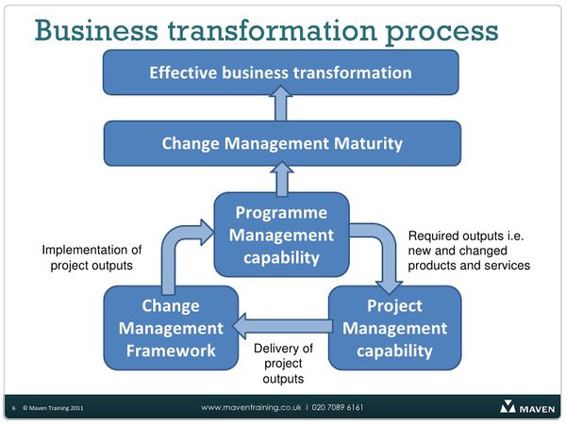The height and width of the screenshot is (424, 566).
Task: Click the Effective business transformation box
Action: pyautogui.click(x=281, y=73)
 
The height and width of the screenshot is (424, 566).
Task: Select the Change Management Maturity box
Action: pyautogui.click(x=282, y=143)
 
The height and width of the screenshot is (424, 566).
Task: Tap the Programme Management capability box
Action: pyautogui.click(x=281, y=235)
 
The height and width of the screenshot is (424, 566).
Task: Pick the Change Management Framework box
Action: pyautogui.click(x=171, y=328)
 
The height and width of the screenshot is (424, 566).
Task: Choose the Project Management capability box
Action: pyautogui.click(x=394, y=328)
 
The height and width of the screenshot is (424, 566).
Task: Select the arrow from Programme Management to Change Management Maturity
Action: pyautogui.click(x=282, y=179)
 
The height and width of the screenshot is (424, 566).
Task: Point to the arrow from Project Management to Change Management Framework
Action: pyautogui.click(x=283, y=326)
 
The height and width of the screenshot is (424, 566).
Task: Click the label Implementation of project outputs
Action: pyautogui.click(x=92, y=257)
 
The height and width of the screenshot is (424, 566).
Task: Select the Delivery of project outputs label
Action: pyautogui.click(x=283, y=364)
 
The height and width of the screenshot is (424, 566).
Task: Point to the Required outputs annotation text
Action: pyautogui.click(x=469, y=251)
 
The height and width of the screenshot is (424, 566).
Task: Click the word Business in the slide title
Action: pyautogui.click(x=96, y=30)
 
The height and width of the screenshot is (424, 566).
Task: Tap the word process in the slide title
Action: pyautogui.click(x=441, y=32)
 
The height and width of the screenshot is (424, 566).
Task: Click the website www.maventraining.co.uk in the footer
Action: pyautogui.click(x=251, y=407)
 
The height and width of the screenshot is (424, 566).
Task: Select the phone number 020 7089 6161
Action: pyautogui.click(x=338, y=407)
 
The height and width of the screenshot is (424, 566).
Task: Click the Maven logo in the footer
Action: pyautogui.click(x=527, y=407)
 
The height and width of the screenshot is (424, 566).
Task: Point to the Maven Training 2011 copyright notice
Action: pyautogui.click(x=53, y=408)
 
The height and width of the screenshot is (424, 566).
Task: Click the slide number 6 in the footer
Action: pyautogui.click(x=14, y=408)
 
